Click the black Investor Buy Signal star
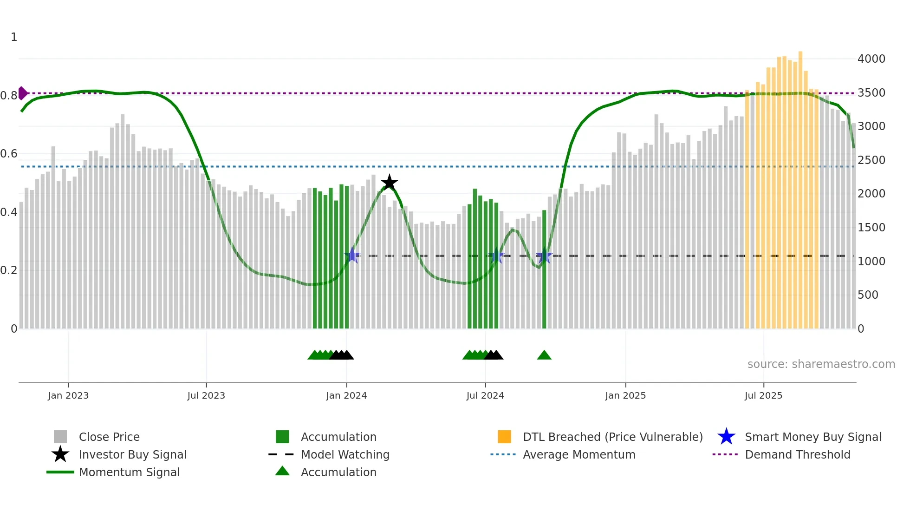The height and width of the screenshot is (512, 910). coord(389,183)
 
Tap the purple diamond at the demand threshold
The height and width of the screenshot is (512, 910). coord(22,93)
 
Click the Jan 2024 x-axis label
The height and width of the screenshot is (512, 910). coord(346,395)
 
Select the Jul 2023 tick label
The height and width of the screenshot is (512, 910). coord(206,395)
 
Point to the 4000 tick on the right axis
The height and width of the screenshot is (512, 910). coord(871,59)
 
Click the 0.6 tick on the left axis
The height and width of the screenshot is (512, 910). coord(8,154)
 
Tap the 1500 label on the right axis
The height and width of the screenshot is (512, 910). coord(871,228)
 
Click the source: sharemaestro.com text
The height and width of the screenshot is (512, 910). coord(821,364)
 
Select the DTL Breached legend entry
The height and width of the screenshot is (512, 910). coord(612,437)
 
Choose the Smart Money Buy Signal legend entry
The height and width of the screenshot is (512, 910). coord(812,437)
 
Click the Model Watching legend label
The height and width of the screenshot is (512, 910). coord(345,454)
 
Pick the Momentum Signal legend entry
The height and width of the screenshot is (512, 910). coord(129,472)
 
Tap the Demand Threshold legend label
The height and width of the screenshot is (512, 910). coord(797,454)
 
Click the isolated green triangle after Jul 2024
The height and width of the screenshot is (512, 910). coord(544,355)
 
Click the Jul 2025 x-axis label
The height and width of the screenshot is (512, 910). coord(763,395)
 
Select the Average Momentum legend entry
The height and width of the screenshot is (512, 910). coord(578,454)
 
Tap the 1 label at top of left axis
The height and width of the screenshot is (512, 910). coord(14,37)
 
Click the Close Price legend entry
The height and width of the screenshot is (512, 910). coord(109,437)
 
